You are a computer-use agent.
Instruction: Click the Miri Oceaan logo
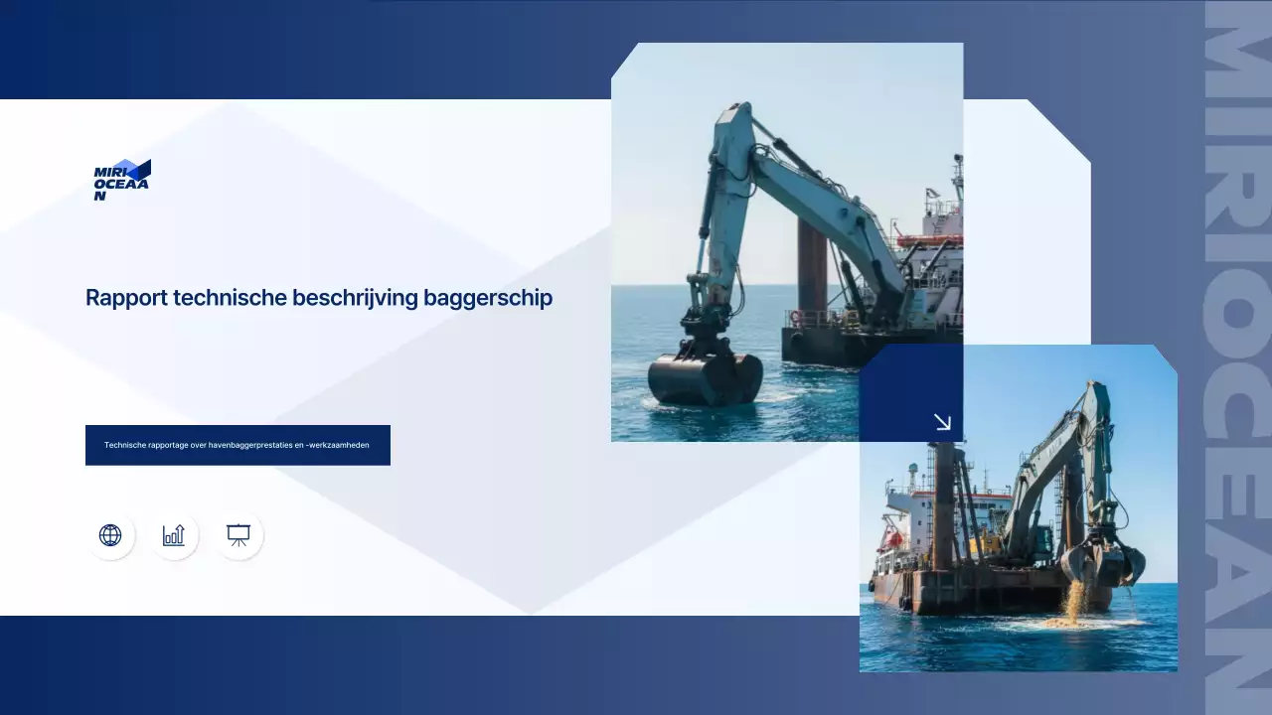(x=121, y=180)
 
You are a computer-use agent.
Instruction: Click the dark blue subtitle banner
(x=238, y=445)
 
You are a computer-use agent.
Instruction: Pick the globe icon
(x=110, y=535)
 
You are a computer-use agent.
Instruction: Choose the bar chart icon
(x=174, y=535)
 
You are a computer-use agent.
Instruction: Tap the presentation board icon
(x=238, y=535)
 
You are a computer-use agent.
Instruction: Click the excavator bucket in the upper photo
(x=705, y=378)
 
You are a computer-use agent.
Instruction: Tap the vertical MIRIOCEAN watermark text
(x=1237, y=357)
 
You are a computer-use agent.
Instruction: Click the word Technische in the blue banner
(x=125, y=445)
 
